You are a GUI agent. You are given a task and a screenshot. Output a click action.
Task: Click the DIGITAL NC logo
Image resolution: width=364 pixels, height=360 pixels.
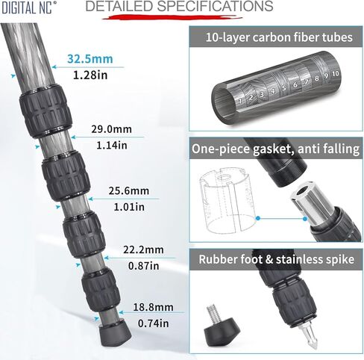29,7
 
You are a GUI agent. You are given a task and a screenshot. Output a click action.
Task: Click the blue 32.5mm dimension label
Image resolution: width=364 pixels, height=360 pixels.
90,59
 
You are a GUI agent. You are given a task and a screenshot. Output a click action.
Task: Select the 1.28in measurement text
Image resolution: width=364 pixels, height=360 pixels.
90,75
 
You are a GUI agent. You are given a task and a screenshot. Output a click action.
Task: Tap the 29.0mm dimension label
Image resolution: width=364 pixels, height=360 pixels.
111,129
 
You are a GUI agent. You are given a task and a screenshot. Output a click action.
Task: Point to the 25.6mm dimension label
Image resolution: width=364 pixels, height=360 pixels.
129,191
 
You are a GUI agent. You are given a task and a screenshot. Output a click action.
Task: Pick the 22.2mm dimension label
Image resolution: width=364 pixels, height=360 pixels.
143,249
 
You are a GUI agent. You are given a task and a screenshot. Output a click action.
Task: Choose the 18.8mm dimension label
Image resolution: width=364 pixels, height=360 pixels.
154,307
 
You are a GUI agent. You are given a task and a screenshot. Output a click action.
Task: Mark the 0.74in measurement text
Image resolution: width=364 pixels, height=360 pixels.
154,323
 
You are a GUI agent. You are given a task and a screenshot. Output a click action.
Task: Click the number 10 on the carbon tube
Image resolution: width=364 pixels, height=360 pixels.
335,74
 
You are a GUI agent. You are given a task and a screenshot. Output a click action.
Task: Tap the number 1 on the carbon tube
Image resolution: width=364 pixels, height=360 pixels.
240,101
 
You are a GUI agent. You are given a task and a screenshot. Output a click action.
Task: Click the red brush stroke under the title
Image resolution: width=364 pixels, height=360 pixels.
172,17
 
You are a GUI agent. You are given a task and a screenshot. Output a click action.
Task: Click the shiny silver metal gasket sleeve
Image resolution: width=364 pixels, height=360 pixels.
312,201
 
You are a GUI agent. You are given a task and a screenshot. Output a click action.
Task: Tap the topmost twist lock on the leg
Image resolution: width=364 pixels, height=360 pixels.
45,111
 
